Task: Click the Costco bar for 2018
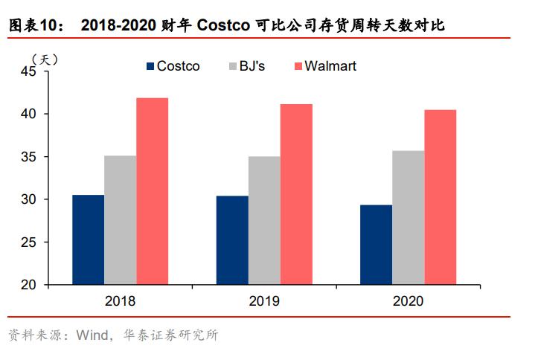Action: pyautogui.click(x=88, y=240)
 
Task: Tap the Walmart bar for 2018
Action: pyautogui.click(x=152, y=191)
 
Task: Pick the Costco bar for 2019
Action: pyautogui.click(x=232, y=240)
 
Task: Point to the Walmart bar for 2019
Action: pyautogui.click(x=296, y=194)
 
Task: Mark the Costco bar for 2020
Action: pyautogui.click(x=377, y=245)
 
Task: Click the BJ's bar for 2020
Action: pyautogui.click(x=409, y=218)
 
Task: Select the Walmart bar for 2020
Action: pyautogui.click(x=441, y=197)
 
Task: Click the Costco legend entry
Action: pyautogui.click(x=173, y=66)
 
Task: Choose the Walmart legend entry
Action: pyautogui.click(x=325, y=66)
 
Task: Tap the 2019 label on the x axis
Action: pyautogui.click(x=264, y=301)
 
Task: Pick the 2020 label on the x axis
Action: pyautogui.click(x=409, y=301)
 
